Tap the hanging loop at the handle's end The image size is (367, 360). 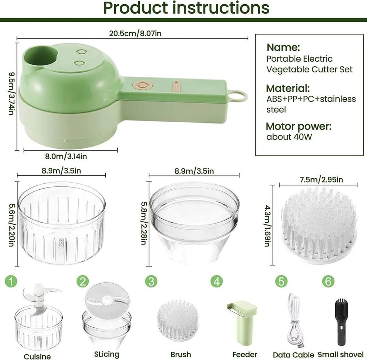pos(238,96)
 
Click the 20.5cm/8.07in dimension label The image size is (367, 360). pos(132,33)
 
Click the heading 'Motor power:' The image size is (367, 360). pos(299,126)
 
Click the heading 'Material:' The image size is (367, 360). pos(288,88)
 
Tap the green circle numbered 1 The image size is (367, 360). pos(12,281)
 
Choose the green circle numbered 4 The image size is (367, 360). pos(216,281)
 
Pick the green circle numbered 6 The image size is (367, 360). pos(327,281)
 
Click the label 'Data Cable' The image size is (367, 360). pos(294,355)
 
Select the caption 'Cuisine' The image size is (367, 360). pos(37,356)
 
